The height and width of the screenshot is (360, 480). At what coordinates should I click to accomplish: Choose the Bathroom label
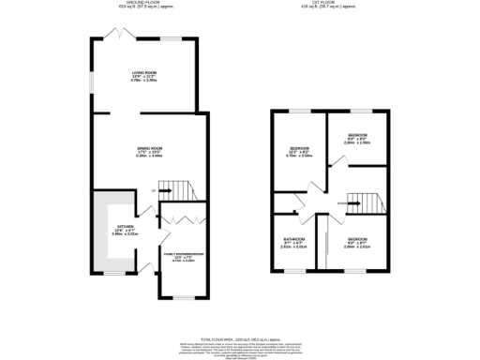pos(295,241)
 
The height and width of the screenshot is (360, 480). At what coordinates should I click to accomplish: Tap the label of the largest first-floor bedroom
pos(299,153)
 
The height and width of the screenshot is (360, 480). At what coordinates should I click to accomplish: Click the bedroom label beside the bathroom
pos(357,241)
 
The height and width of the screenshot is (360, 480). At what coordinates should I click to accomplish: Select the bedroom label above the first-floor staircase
pos(357,139)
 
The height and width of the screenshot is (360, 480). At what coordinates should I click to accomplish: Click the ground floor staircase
pos(190,190)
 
